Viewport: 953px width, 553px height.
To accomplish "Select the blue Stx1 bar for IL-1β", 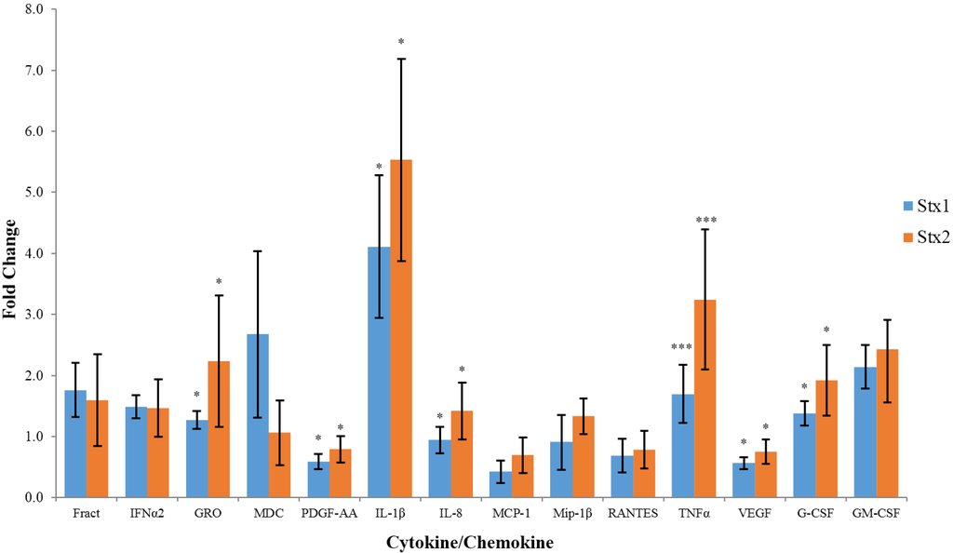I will [379, 372].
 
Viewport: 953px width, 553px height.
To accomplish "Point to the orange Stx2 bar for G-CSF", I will [826, 438].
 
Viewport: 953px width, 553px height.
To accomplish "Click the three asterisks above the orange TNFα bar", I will [705, 221].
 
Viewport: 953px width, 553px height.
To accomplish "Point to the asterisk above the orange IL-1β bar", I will [401, 42].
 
